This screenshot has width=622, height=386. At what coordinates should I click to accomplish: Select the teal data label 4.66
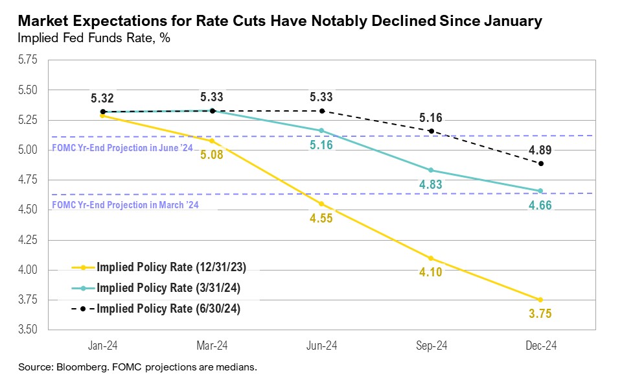540,206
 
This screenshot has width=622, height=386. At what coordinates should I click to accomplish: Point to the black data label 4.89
540,149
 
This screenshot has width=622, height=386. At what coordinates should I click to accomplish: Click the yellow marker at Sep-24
431,258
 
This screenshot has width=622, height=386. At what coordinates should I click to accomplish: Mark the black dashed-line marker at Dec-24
540,163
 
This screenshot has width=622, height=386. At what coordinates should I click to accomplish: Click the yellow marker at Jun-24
321,204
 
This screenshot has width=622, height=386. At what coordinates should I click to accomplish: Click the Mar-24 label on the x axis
212,346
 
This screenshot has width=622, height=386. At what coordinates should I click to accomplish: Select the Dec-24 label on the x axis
540,346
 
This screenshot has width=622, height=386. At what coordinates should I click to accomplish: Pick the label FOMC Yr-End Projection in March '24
124,206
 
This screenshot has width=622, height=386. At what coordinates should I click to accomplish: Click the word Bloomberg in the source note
80,367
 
